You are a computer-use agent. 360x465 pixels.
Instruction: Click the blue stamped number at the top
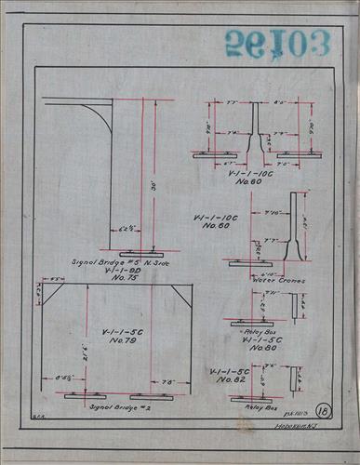pos(276,43)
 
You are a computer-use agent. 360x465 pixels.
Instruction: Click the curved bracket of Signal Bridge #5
pos(102,116)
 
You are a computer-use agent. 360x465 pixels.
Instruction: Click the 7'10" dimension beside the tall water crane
pos(274,212)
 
